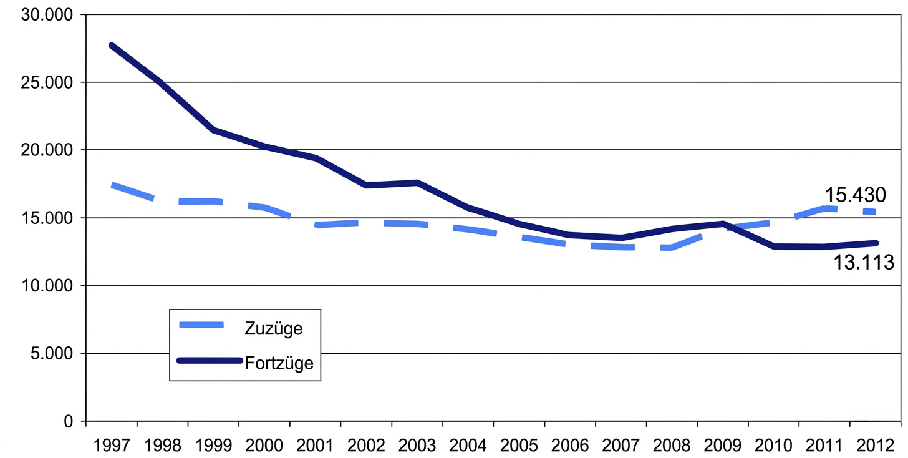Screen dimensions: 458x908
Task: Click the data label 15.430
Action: point(855,195)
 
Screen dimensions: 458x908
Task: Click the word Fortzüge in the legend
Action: point(278,363)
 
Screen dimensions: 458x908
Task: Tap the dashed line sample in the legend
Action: point(200,325)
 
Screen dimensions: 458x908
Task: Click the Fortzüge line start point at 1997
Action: point(112,46)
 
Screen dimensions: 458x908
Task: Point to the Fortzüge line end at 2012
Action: point(876,243)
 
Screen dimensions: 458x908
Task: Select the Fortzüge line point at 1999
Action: point(213,130)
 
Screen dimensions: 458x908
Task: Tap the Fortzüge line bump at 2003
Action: point(417,183)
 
